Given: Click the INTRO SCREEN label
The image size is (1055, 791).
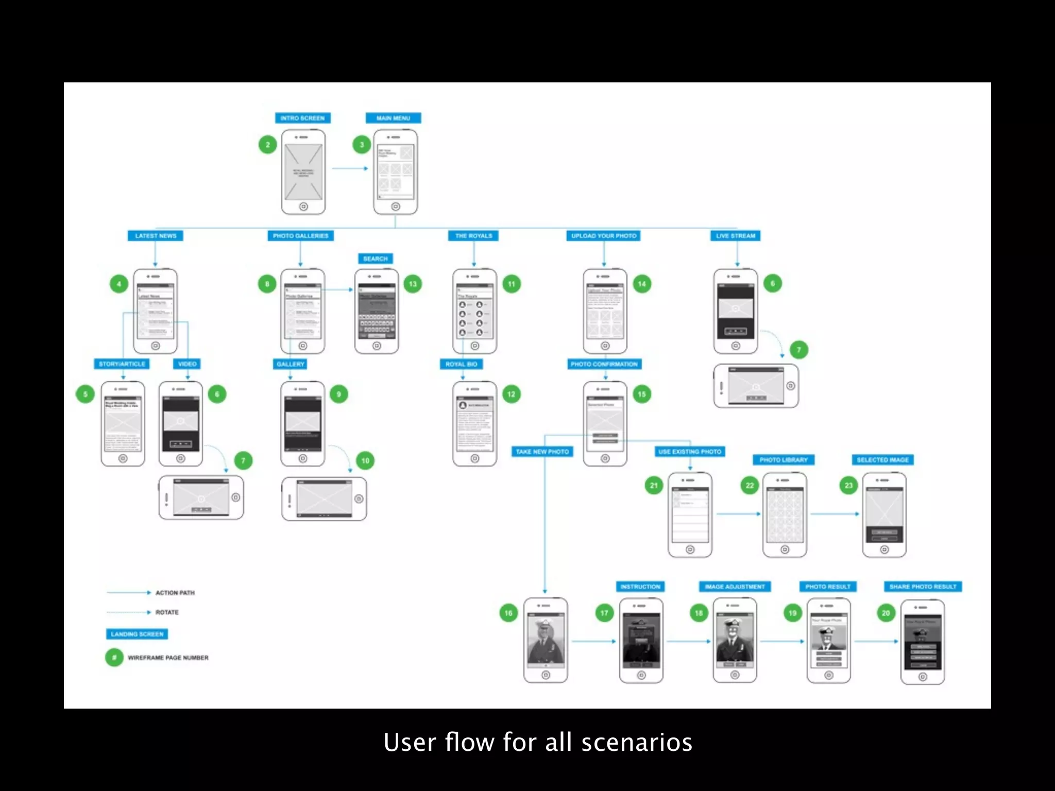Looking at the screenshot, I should [302, 118].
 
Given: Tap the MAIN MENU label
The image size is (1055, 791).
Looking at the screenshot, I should [393, 118].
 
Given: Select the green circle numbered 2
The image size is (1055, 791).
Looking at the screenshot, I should [267, 145].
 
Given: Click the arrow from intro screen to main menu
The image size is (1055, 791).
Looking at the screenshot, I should [350, 168].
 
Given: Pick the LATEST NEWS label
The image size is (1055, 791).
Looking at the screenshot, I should [156, 236].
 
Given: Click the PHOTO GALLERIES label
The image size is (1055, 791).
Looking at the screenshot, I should [300, 236].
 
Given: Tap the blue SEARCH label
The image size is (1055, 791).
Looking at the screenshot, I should [375, 259].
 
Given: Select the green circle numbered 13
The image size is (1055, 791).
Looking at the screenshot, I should [413, 284].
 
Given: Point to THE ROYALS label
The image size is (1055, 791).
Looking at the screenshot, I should [473, 236].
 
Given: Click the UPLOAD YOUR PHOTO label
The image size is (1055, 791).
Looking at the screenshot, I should [604, 236].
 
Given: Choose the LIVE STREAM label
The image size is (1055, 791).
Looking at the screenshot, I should [736, 236].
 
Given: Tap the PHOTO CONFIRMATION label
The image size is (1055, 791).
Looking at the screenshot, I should [604, 364].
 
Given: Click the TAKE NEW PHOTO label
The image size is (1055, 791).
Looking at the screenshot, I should [542, 452].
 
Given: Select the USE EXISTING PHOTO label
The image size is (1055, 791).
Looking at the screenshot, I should [690, 452].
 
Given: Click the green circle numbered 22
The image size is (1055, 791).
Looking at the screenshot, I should [750, 485].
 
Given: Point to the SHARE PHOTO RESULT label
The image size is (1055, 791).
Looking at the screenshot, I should [923, 587].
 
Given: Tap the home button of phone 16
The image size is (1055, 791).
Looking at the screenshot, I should [546, 675].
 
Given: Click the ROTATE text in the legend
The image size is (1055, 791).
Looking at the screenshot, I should [167, 612].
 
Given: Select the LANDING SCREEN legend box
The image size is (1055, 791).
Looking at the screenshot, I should [137, 634].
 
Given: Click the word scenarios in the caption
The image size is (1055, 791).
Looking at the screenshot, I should [637, 743].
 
